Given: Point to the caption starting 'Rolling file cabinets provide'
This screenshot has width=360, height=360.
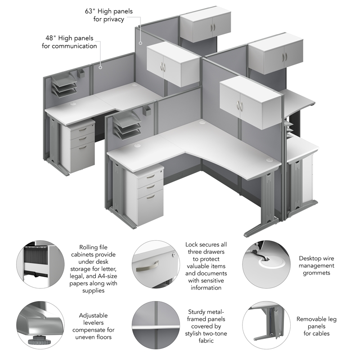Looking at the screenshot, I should [x=94, y=268].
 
